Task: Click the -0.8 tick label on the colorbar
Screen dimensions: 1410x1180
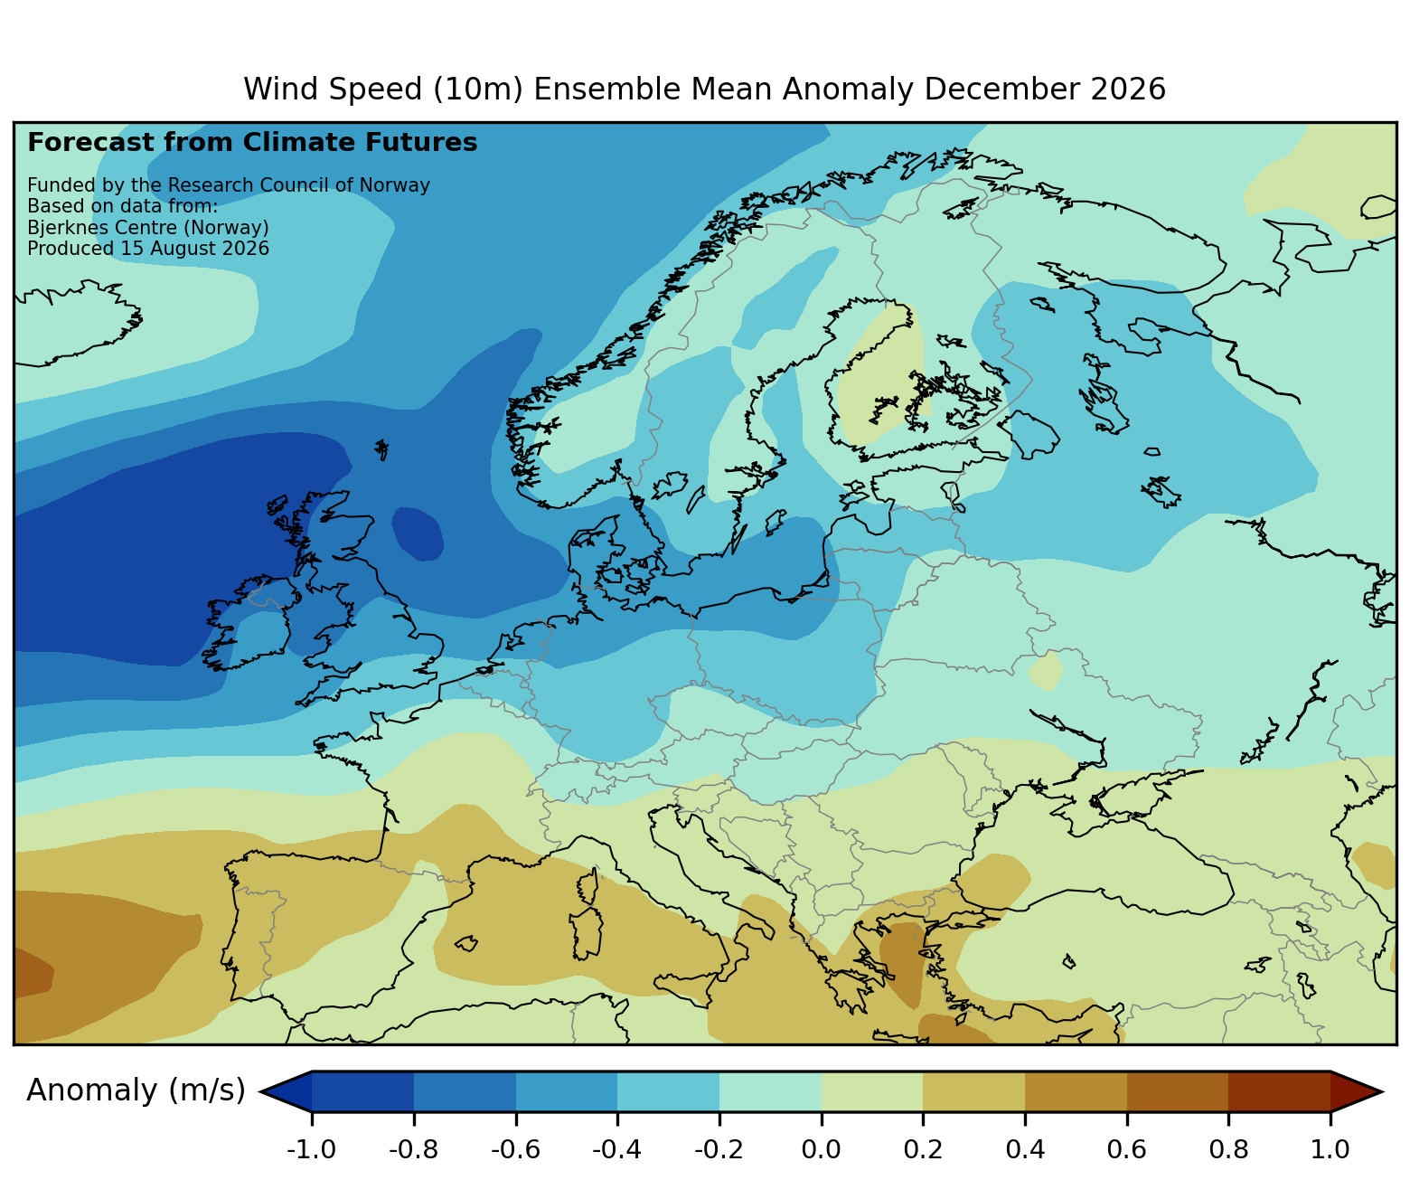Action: (x=413, y=1149)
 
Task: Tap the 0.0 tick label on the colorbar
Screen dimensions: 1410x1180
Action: (x=822, y=1149)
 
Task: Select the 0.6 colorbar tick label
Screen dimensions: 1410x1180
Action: (x=1126, y=1149)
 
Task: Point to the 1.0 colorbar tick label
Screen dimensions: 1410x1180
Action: (x=1330, y=1149)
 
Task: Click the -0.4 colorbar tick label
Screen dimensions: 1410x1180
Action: (x=616, y=1149)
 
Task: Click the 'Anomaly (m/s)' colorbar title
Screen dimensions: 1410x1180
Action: (x=136, y=1090)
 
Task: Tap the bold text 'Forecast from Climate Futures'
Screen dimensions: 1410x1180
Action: (x=252, y=143)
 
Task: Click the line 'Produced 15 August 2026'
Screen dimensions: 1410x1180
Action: (x=148, y=249)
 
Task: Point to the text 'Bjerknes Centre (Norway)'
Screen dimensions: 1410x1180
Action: (x=148, y=228)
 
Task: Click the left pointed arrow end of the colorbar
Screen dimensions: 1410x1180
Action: (x=286, y=1091)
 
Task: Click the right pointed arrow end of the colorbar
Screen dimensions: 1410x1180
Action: (x=1357, y=1091)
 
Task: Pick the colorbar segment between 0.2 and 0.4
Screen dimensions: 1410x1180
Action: (x=973, y=1091)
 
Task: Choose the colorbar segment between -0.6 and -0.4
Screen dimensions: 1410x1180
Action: (x=567, y=1091)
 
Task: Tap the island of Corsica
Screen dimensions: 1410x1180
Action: (x=589, y=886)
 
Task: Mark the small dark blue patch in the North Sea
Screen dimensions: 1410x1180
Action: (x=418, y=533)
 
